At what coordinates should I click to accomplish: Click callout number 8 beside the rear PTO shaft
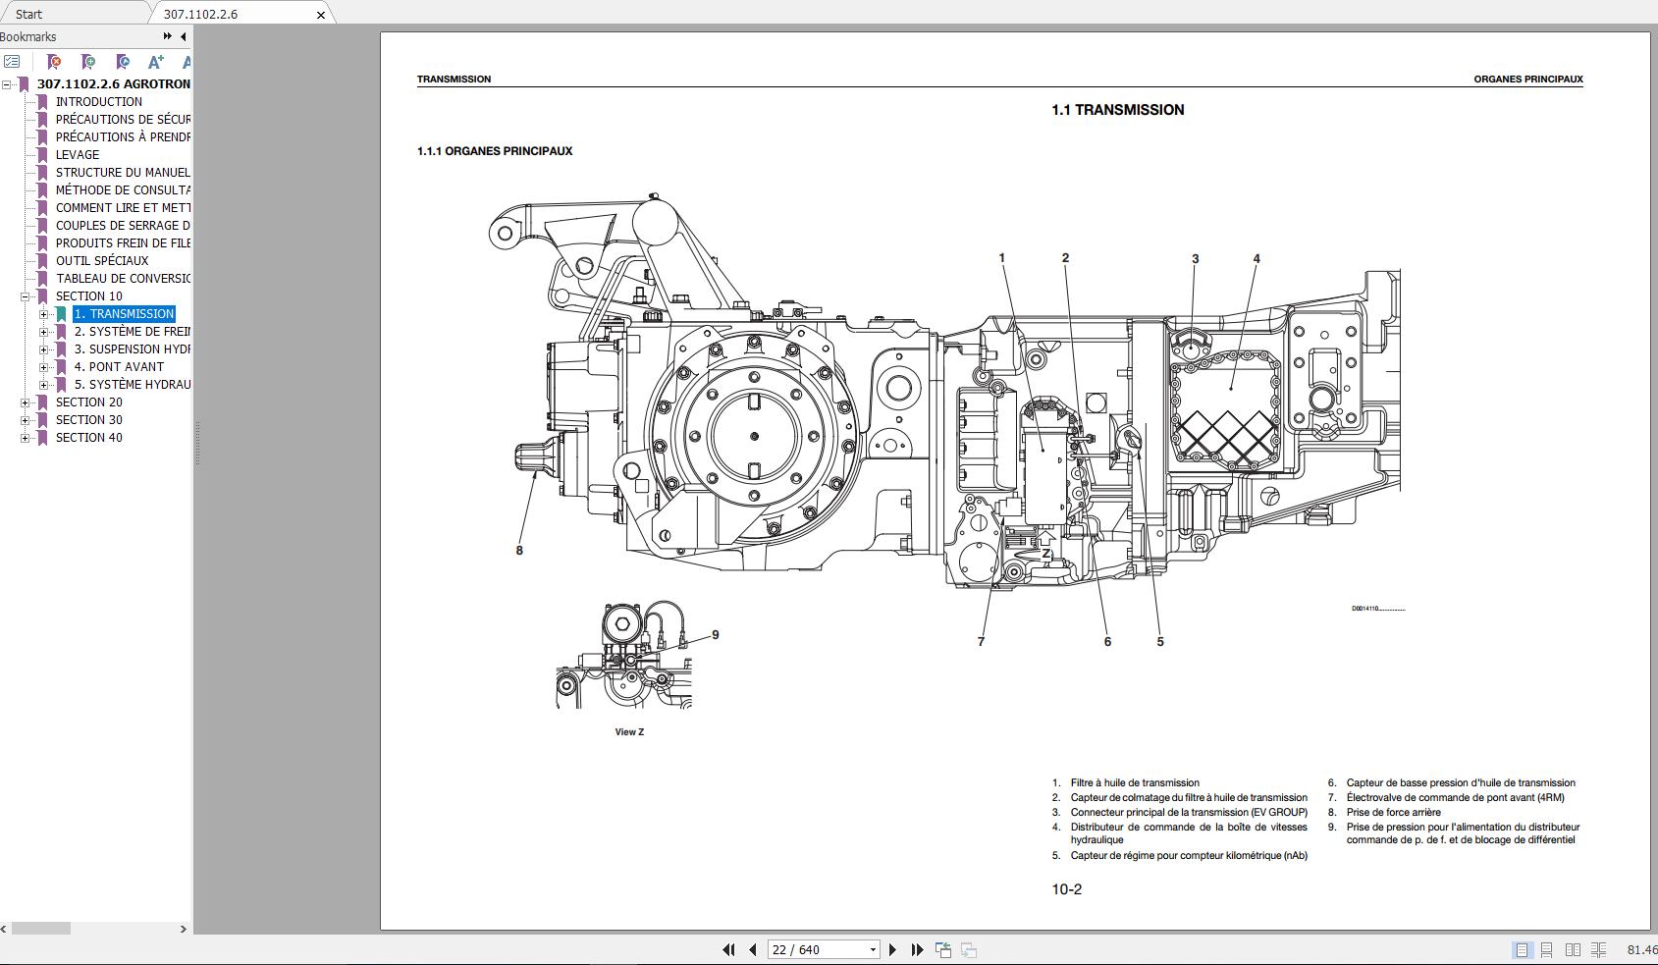[519, 551]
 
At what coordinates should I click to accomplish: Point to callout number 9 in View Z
[716, 635]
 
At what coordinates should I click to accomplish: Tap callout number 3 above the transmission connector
[1195, 259]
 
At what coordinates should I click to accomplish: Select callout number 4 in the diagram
[1257, 259]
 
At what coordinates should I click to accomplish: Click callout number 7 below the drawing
[981, 642]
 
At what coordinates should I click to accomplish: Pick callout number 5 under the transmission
[1159, 642]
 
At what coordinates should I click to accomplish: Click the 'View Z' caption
[629, 732]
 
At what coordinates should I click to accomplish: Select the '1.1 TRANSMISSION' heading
[1117, 110]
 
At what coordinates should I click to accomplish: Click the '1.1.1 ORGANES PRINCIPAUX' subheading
[495, 151]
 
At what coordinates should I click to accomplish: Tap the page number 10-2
[1066, 889]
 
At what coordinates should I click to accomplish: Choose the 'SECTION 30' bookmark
[89, 420]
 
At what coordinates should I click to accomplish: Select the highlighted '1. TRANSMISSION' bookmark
[124, 314]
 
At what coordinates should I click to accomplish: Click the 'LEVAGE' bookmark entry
[78, 155]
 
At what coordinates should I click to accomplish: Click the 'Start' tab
[29, 14]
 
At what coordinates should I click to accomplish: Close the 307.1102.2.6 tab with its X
[320, 15]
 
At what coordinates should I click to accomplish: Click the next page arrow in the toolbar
[892, 949]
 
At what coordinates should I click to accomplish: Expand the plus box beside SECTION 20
[26, 402]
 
